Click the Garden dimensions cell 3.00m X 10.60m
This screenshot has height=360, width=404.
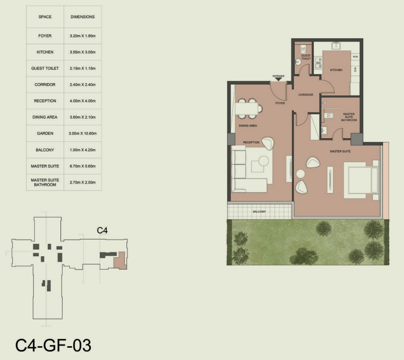[x=83, y=133]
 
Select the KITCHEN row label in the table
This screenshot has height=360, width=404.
[x=45, y=52]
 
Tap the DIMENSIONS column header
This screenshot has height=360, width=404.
[x=83, y=17]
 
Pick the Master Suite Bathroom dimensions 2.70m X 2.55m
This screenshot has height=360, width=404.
[x=83, y=182]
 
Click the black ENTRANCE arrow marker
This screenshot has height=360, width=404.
[x=278, y=79]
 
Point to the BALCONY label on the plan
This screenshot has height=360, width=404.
[x=259, y=211]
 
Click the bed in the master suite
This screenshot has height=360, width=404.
[x=361, y=180]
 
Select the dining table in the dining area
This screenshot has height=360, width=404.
[x=246, y=109]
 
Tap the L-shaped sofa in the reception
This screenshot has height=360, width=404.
[x=249, y=169]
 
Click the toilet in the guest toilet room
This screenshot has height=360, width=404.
[x=303, y=49]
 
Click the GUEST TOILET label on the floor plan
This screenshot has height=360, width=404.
[x=306, y=57]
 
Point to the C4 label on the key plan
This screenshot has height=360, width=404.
[x=103, y=230]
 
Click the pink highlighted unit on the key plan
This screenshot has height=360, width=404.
[x=120, y=261]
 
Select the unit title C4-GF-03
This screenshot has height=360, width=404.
[x=53, y=346]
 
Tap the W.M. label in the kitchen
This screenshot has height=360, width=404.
[x=355, y=57]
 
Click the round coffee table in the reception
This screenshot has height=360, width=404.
[x=264, y=161]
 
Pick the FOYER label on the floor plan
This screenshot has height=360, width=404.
[x=280, y=103]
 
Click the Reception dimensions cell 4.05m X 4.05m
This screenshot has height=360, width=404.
[x=83, y=101]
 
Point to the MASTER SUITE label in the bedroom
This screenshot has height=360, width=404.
[x=340, y=151]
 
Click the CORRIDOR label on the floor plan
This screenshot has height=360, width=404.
[x=306, y=95]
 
